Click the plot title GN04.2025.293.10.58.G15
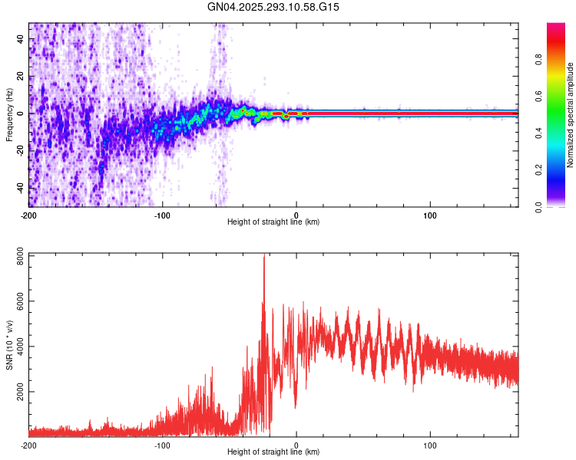(x=273, y=7)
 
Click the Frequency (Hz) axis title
(x=9, y=115)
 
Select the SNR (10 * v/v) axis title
(x=9, y=344)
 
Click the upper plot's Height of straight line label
(x=273, y=222)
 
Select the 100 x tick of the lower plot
(x=430, y=444)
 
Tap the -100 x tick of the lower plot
(x=162, y=444)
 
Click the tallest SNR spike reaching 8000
(x=264, y=257)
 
